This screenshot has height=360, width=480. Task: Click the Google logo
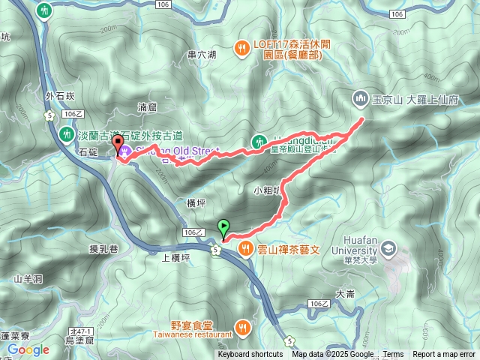point(28,349)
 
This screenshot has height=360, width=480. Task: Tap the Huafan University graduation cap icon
point(388,247)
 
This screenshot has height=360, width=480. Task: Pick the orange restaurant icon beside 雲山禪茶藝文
point(244,248)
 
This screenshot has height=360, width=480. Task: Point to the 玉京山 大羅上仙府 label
point(405,98)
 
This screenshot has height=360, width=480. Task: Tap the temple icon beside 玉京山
point(359,98)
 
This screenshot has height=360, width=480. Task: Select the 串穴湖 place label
point(202,55)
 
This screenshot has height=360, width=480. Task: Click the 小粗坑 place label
point(266,190)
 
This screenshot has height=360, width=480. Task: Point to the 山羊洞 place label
point(27,279)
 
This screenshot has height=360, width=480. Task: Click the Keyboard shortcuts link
point(250,355)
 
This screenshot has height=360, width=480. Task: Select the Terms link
point(393,355)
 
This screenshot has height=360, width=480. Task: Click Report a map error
point(444,355)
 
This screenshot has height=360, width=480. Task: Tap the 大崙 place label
point(345,294)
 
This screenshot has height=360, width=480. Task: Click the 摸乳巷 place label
point(104,248)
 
